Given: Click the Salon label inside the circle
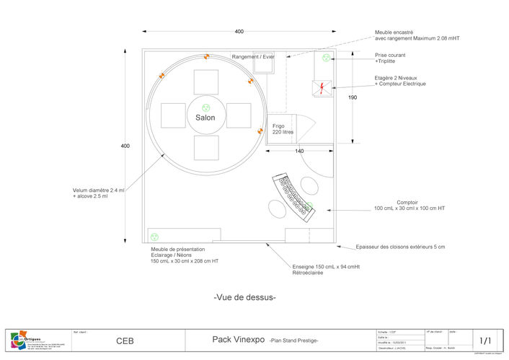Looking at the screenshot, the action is click(x=205, y=117).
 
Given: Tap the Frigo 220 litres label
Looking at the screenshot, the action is click(x=283, y=129).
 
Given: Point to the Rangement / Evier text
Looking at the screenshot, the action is click(x=253, y=57).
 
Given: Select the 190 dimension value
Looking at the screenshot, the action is click(x=353, y=97).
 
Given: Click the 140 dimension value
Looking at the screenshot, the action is click(x=299, y=151).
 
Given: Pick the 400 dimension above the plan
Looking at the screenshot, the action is click(x=239, y=31).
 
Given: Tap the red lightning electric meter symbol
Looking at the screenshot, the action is click(x=320, y=87).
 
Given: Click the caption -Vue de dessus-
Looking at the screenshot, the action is click(x=245, y=297).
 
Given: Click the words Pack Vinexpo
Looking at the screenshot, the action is click(x=236, y=338).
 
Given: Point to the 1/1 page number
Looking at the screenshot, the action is click(x=485, y=341).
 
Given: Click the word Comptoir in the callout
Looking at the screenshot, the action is click(x=408, y=202).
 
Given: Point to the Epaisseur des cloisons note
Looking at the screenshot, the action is click(x=399, y=247).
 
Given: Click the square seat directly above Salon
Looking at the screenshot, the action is click(x=205, y=82).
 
